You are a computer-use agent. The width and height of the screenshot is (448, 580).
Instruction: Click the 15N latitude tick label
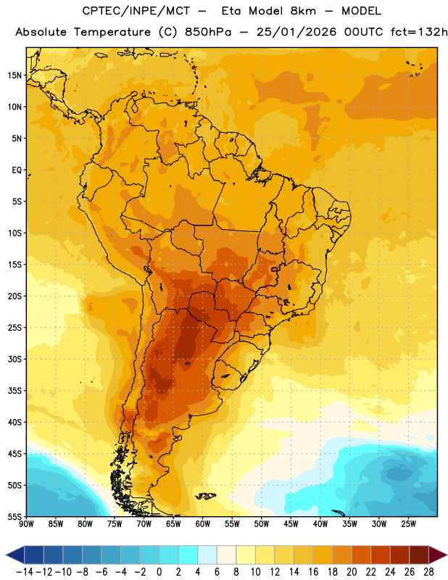click(14, 75)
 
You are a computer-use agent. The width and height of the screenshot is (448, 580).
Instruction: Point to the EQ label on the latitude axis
click(17, 170)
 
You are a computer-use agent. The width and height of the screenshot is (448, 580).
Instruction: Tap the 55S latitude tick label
click(14, 516)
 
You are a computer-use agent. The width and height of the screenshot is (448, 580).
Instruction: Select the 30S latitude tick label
click(14, 359)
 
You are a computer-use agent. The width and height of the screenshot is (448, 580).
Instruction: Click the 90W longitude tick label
click(26, 524)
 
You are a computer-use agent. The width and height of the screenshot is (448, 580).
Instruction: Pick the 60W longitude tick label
click(203, 524)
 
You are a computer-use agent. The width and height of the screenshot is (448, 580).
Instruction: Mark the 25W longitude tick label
click(408, 524)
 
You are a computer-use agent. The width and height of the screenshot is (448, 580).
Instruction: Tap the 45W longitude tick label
click(291, 524)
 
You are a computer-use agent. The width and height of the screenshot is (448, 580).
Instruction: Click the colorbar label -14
click(25, 572)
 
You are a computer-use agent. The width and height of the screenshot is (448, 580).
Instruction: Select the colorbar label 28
click(428, 572)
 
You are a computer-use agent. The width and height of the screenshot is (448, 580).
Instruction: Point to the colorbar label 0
click(159, 572)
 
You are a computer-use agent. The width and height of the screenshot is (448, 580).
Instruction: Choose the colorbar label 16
click(313, 572)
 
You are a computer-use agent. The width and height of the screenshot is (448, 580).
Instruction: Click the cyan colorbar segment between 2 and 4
click(188, 555)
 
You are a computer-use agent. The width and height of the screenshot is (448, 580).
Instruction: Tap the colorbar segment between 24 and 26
click(400, 555)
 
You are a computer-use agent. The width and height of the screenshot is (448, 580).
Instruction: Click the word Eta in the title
click(231, 11)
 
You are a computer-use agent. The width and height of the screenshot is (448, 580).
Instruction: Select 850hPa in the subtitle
click(208, 32)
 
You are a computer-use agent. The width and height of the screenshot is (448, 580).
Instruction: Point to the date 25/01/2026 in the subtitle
click(296, 32)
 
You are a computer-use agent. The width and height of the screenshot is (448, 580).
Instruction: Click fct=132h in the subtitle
click(419, 32)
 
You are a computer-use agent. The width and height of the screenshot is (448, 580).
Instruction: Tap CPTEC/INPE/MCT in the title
click(136, 11)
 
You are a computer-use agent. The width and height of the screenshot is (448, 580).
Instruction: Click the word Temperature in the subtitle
click(112, 33)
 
